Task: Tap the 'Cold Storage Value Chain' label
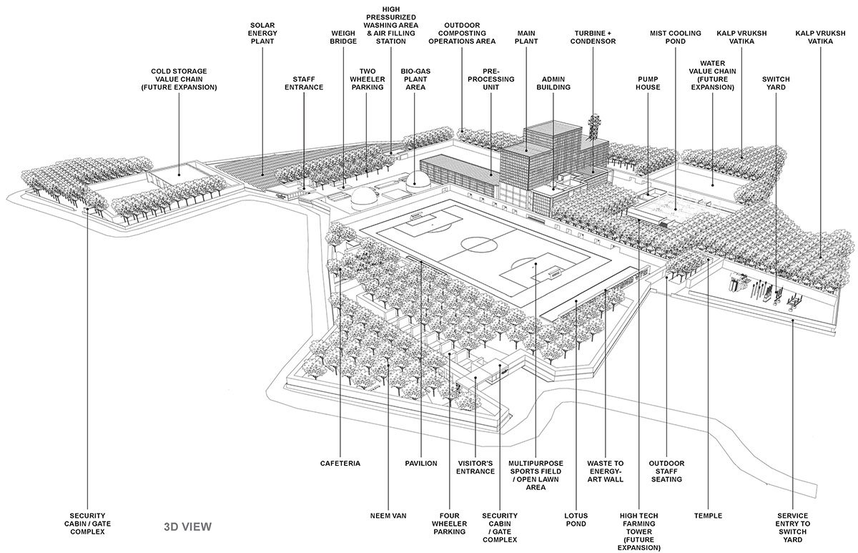click(179, 79)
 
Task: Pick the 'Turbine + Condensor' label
click(595, 37)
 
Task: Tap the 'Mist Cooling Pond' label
click(673, 37)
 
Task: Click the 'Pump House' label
click(649, 82)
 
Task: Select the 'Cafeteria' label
click(340, 464)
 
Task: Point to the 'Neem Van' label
click(389, 515)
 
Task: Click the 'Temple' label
click(708, 515)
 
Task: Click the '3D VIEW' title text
click(187, 528)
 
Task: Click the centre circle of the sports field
click(473, 245)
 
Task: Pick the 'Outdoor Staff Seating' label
click(666, 471)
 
